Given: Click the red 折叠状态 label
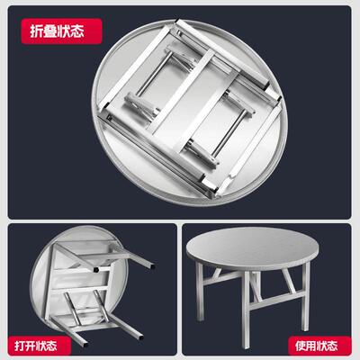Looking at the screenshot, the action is pyautogui.click(x=61, y=31).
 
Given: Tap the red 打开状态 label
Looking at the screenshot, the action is pyautogui.click(x=39, y=346).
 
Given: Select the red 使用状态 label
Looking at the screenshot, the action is pyautogui.click(x=319, y=346).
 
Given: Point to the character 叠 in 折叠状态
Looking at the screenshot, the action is pyautogui.click(x=49, y=31).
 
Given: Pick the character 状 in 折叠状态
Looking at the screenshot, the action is pyautogui.click(x=63, y=31).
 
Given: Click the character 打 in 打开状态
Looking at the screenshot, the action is pyautogui.click(x=20, y=346).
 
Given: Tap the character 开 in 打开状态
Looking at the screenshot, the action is pyautogui.click(x=31, y=346).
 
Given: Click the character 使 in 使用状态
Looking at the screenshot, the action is pyautogui.click(x=301, y=346).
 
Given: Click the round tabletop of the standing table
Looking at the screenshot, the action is pyautogui.click(x=252, y=246).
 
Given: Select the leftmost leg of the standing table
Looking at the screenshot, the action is pyautogui.click(x=199, y=292).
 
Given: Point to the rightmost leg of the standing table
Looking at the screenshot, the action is pyautogui.click(x=305, y=297).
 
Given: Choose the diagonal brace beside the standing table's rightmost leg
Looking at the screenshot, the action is pyautogui.click(x=287, y=281).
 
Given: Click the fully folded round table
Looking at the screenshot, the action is pyautogui.click(x=190, y=109).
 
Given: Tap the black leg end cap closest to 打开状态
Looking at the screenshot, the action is pyautogui.click(x=86, y=345).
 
